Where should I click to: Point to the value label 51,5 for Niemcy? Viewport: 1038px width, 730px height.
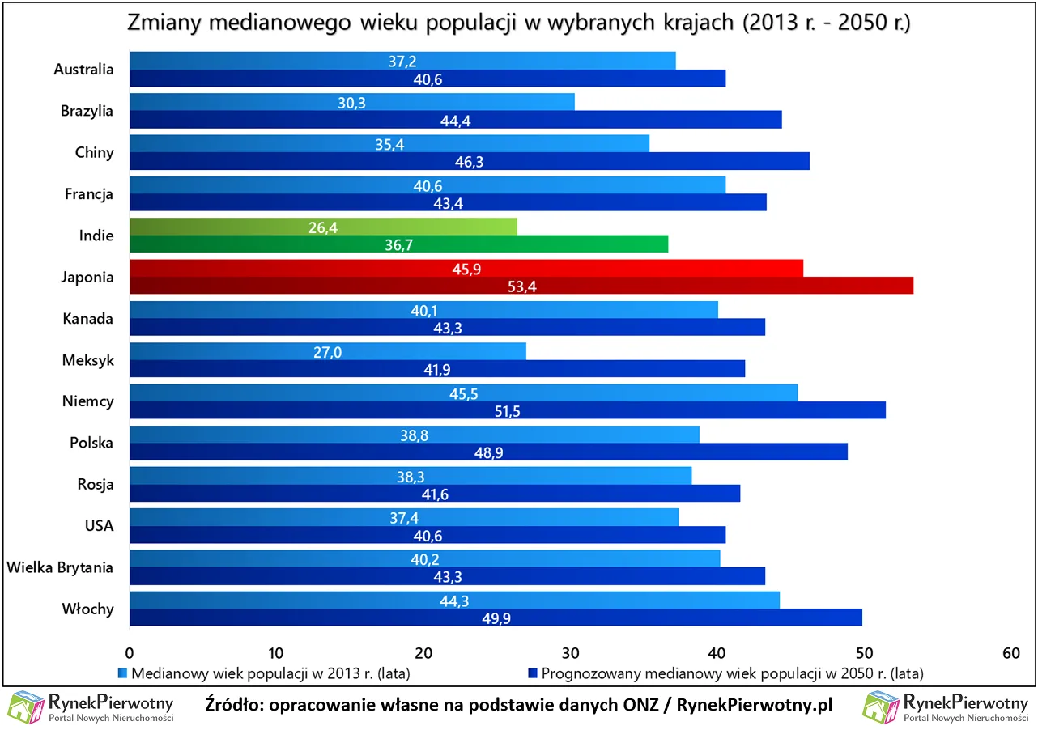coord(507,411)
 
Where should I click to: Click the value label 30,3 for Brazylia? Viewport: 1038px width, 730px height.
coord(352,103)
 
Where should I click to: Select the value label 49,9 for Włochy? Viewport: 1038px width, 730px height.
coord(496,618)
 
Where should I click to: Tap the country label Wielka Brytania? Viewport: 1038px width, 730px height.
coord(60,567)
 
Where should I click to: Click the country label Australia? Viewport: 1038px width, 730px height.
coord(83,70)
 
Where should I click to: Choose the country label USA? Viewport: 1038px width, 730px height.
coord(99,526)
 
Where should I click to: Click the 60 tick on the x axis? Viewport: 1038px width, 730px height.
coord(1010,653)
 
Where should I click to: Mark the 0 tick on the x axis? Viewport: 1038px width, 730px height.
coord(130,653)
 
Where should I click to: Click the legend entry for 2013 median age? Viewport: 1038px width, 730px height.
coord(267,673)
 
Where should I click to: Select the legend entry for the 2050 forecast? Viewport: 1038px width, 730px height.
coord(725,673)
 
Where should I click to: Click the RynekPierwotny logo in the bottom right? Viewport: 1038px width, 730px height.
coord(945,707)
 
